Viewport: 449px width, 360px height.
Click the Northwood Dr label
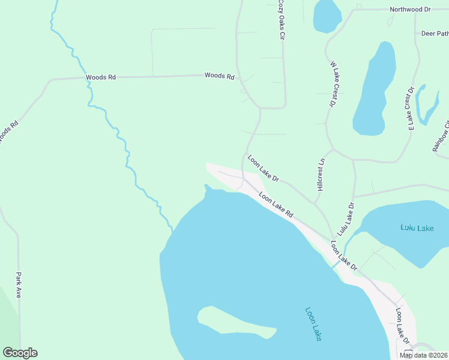point(410,10)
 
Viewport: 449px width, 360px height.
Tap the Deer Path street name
point(435,34)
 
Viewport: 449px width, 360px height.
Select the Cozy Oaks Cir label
point(280,20)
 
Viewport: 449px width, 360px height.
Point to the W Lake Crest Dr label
point(332,83)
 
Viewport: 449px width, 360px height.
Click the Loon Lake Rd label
point(276,204)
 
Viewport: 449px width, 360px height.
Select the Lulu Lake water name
point(417,228)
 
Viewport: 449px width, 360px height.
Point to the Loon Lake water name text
point(313,325)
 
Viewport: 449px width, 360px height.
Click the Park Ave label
point(19,285)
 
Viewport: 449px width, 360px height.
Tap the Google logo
point(20,353)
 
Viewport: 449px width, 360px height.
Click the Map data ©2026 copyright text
point(423,355)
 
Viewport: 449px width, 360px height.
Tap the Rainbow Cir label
point(441,137)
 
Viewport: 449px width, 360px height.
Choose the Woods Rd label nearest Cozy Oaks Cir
point(219,76)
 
